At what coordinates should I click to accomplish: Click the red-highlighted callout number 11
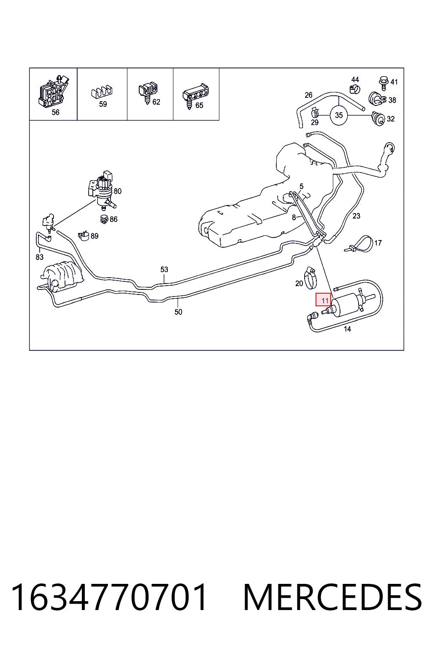[x=323, y=300]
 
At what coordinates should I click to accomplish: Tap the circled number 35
[x=338, y=115]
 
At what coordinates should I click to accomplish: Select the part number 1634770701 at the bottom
[x=109, y=597]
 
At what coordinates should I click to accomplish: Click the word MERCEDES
[x=332, y=597]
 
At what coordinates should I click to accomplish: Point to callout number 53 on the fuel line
[x=164, y=269]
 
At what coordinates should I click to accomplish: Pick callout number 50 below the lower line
[x=178, y=312]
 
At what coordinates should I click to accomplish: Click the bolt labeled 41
[x=383, y=82]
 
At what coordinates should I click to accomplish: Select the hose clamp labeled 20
[x=310, y=278]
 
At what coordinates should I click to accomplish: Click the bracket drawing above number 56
[x=53, y=91]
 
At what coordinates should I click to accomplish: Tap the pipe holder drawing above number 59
[x=102, y=92]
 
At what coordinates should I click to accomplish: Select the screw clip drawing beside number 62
[x=148, y=92]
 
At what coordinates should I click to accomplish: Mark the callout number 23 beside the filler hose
[x=356, y=216]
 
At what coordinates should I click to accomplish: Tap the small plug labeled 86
[x=104, y=219]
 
